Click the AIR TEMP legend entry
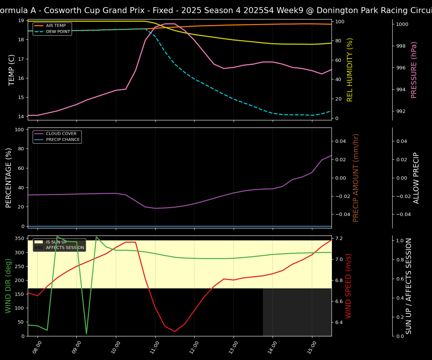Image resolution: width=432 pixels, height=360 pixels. pos(55,26)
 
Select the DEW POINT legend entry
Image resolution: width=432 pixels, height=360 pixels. pos(58,32)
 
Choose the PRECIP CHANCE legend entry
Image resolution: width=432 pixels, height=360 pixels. pos(63,140)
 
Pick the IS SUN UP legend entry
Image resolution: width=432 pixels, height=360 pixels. pos(56,242)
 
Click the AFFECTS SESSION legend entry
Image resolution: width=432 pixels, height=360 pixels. pos(64,248)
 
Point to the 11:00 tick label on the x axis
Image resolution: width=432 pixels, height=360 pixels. pos(154,347)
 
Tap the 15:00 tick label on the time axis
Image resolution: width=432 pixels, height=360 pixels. pos(312,347)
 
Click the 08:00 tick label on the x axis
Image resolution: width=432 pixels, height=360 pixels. pos(37,347)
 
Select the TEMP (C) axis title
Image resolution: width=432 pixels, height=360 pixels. pos(12,70)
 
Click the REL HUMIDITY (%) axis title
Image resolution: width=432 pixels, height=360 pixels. pos(350,70)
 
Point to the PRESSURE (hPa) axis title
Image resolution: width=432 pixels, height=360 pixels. pos(414,70)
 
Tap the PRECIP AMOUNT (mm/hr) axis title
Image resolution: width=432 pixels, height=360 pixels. pos(356,178)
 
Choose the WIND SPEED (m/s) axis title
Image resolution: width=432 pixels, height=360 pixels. pos(349,286)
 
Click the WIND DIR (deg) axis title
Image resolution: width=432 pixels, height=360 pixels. pos(8,286)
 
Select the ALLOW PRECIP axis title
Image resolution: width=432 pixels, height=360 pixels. pos(416,178)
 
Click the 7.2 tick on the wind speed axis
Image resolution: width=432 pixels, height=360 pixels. pos(339,238)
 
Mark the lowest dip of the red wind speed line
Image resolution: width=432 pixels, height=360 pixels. pos(174,331)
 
